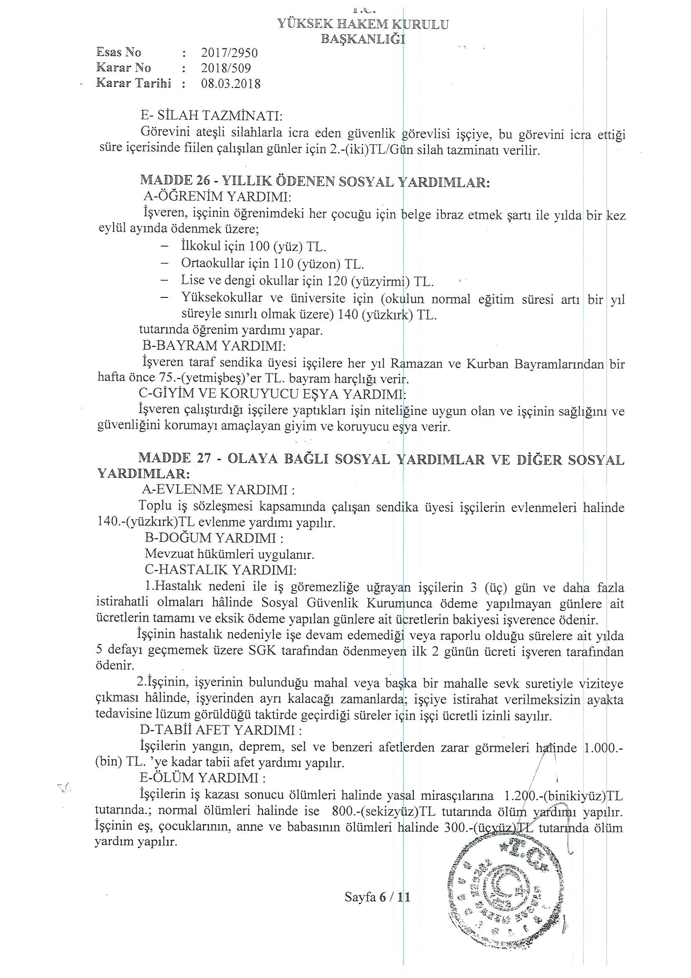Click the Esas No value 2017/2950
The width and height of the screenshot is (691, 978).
[229, 53]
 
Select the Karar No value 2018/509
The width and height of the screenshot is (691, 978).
[226, 68]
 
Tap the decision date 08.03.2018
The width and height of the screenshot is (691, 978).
[231, 83]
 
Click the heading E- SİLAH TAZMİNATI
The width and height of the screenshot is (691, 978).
[212, 115]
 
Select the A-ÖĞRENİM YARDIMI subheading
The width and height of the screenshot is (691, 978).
[217, 196]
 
